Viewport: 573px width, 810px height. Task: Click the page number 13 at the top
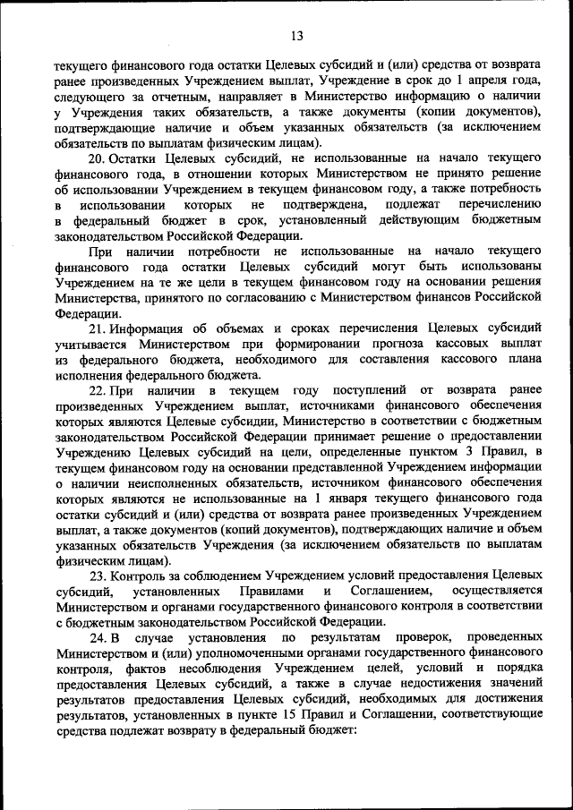[297, 36]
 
